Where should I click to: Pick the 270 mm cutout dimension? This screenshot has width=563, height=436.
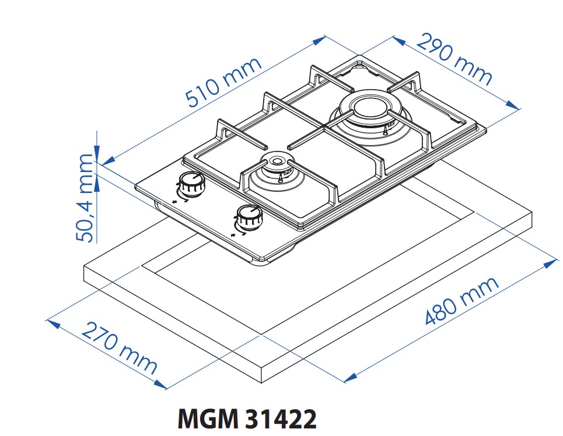pyautogui.click(x=119, y=347)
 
